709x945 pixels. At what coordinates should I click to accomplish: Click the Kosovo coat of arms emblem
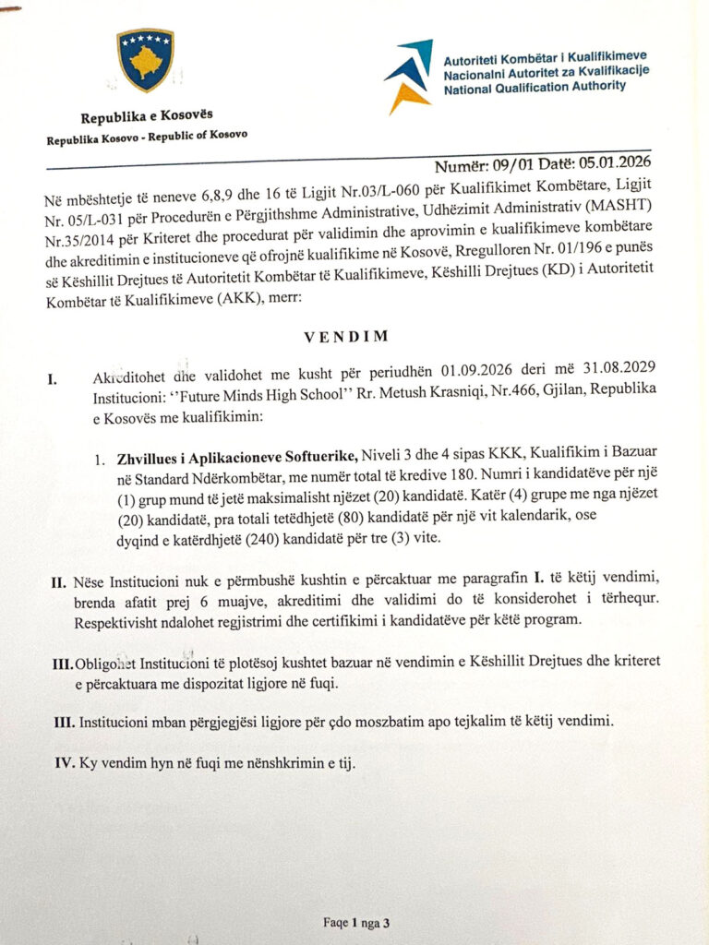tap(145, 61)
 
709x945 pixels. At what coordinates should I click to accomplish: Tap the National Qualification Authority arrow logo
tap(408, 75)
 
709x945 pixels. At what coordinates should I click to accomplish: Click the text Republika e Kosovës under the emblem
tap(146, 116)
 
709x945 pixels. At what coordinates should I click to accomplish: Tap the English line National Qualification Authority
tap(535, 86)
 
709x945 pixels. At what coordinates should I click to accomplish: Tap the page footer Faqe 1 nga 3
tap(354, 922)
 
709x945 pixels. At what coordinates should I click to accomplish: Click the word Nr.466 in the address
tap(484, 390)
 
